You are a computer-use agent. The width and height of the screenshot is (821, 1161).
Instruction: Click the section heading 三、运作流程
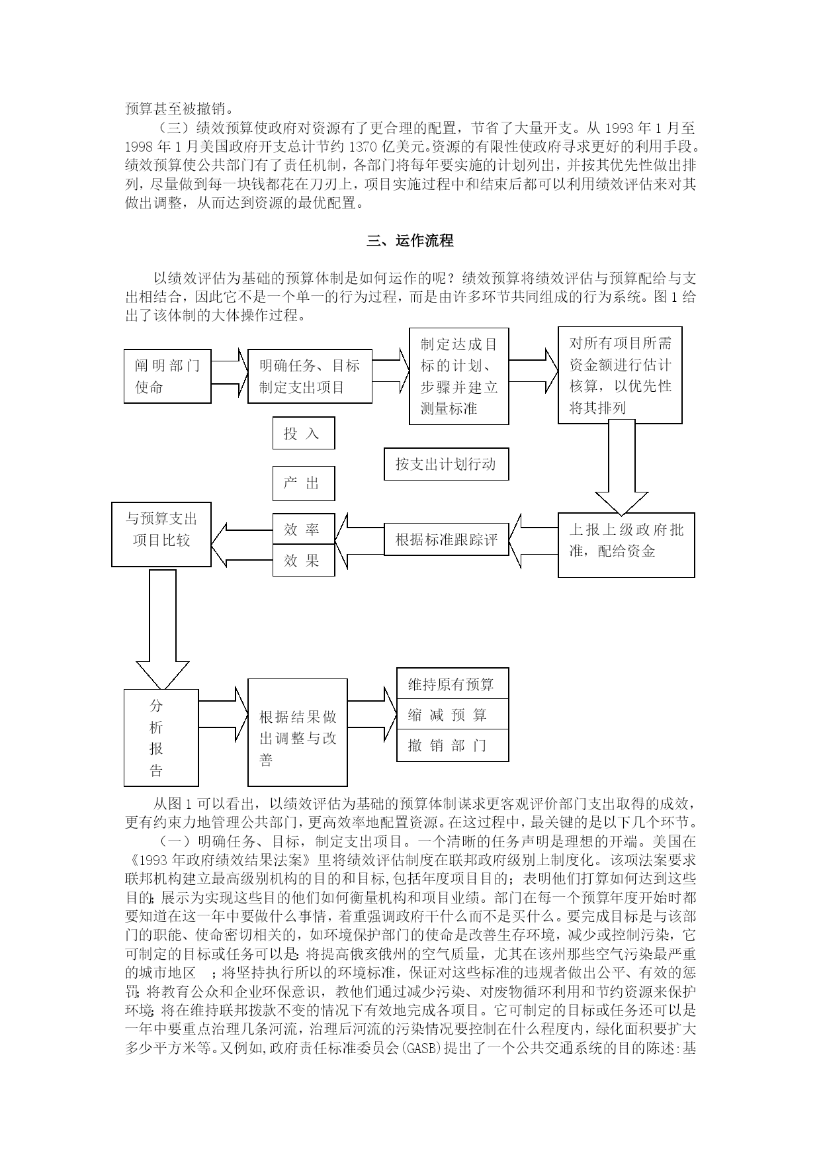click(410, 241)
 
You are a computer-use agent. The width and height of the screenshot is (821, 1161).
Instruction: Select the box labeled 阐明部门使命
click(167, 376)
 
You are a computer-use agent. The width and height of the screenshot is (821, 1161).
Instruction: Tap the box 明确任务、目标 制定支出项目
click(310, 376)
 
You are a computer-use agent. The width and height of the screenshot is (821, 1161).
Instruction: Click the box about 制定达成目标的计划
click(459, 376)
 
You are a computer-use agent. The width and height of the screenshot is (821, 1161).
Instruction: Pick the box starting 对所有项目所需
click(620, 375)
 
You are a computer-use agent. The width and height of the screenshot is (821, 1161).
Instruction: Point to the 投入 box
click(304, 434)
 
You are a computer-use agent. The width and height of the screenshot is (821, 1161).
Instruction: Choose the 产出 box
click(304, 483)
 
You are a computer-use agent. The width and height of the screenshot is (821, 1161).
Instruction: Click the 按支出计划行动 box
click(447, 464)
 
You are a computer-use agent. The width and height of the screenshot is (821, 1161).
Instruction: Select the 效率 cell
click(304, 529)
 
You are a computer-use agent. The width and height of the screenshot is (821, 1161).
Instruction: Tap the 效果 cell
click(304, 561)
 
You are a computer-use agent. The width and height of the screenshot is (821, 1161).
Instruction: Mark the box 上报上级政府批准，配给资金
click(627, 545)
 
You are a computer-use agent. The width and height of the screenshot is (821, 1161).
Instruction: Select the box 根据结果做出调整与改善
click(298, 732)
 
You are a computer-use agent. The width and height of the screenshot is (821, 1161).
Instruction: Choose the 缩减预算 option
click(453, 714)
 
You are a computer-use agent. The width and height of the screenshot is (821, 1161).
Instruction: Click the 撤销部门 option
click(453, 746)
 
